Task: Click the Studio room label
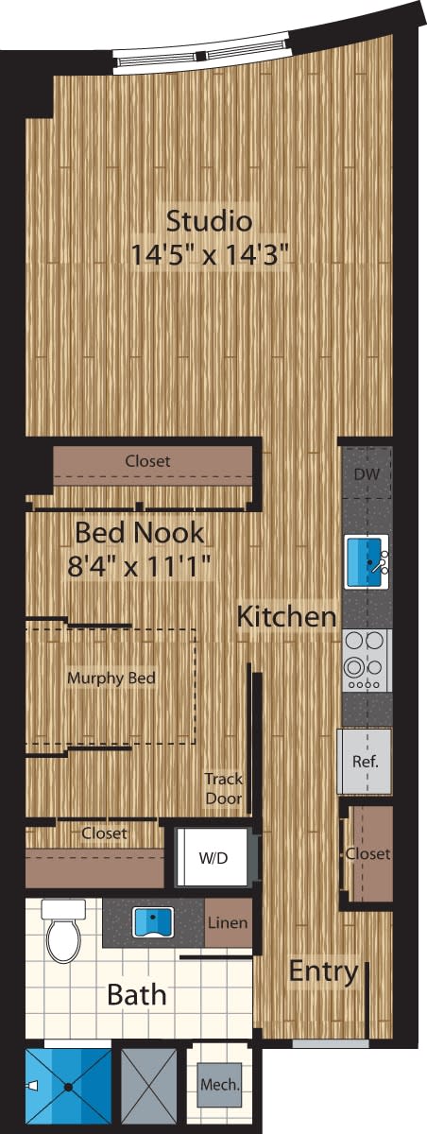click(x=209, y=221)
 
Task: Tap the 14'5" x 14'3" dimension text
click(x=209, y=254)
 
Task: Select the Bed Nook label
click(x=139, y=532)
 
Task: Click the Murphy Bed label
click(x=111, y=678)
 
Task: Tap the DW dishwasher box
click(x=366, y=474)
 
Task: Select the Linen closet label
click(x=228, y=921)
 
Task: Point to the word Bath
click(x=136, y=994)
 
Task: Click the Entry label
click(x=323, y=971)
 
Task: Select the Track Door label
click(x=224, y=788)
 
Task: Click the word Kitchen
click(x=286, y=617)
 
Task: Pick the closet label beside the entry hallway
click(x=367, y=853)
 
